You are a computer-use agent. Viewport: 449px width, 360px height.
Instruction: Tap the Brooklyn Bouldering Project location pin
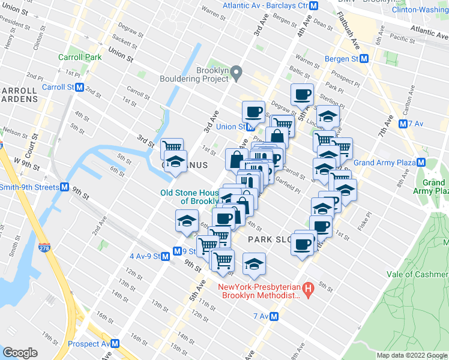point(237,74)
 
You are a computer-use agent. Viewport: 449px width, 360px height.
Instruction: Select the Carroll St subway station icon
point(79,87)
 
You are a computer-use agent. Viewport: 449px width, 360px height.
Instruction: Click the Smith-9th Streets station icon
point(64,187)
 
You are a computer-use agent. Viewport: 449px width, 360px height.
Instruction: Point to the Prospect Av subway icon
point(115,344)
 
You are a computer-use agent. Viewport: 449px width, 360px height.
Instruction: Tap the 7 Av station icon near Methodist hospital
point(274,316)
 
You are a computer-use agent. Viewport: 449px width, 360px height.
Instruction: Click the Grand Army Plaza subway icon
point(421,163)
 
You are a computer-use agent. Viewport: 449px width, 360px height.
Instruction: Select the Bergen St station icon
point(364,59)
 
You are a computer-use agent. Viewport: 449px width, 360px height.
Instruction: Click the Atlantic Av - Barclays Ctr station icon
point(313,5)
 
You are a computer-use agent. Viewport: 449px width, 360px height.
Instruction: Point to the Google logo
point(20,353)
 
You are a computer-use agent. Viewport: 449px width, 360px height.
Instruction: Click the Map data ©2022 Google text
point(411,355)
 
